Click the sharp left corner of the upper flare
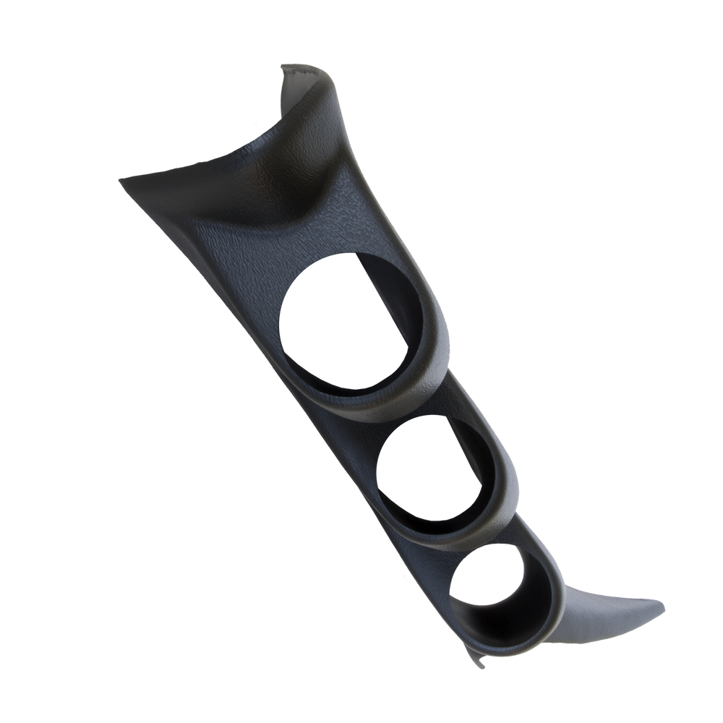click(x=120, y=179)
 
